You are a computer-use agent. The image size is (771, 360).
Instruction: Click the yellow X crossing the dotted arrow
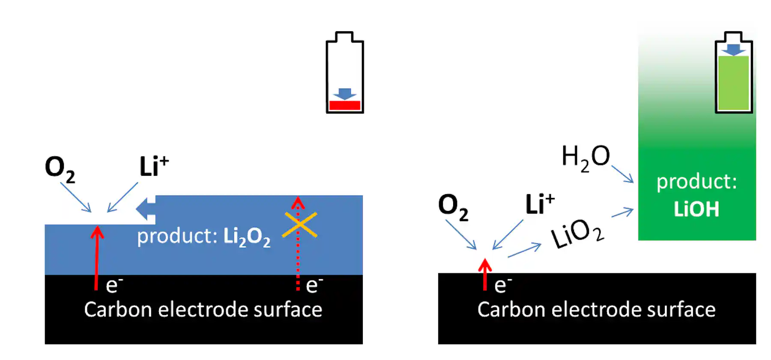coord(300,225)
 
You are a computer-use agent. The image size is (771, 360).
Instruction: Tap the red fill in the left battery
coord(344,105)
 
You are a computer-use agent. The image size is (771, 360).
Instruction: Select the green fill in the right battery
coord(733,84)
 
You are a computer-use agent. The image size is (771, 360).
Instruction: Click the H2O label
coord(585,157)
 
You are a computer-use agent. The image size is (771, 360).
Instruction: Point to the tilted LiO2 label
coord(577,234)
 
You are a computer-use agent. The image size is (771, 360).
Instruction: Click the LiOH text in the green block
coord(696,210)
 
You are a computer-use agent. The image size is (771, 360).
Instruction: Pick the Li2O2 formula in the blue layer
coord(247,237)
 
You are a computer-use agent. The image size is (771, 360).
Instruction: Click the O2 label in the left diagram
coord(60,168)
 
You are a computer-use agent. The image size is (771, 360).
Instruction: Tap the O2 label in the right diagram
coord(453,207)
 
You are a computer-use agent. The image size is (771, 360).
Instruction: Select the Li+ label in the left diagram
coord(154,166)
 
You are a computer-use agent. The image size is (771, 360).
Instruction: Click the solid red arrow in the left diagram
coord(97,257)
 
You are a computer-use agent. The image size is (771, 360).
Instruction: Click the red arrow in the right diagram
coord(485,274)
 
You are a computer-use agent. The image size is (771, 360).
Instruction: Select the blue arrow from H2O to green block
coord(622,174)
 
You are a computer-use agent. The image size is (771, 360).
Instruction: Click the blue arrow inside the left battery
coord(344,93)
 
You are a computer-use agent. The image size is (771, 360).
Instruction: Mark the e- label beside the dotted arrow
coord(314,285)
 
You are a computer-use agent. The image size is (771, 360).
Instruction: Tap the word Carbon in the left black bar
coord(117,309)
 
